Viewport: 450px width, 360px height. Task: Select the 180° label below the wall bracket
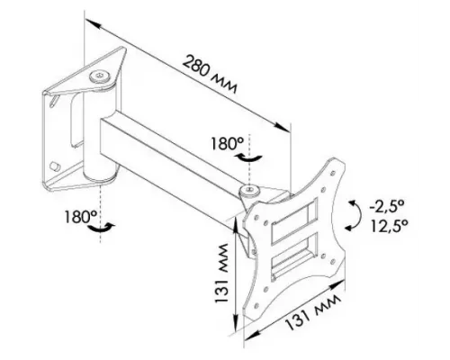80,217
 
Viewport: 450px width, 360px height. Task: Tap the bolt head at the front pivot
249,190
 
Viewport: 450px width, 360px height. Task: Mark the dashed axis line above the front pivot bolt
249,148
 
